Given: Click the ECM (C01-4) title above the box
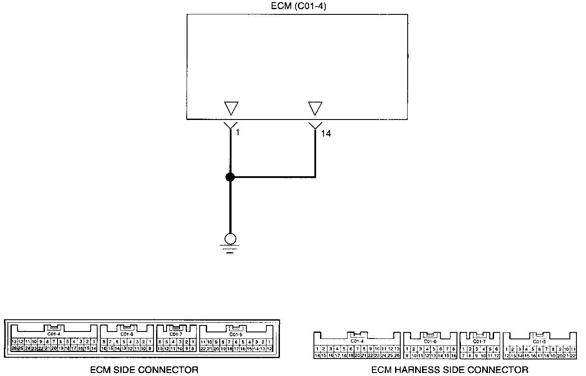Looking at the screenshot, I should (x=297, y=6).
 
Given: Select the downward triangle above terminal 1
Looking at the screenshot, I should (x=231, y=108).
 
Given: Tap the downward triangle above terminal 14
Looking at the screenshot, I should (x=315, y=108).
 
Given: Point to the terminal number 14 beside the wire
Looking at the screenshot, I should (x=326, y=134).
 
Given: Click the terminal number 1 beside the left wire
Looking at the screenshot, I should (x=238, y=132).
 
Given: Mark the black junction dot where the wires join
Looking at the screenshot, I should (x=230, y=177).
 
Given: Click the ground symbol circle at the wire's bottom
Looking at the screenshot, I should (x=230, y=239).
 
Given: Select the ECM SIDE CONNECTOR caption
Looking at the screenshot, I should (x=144, y=370).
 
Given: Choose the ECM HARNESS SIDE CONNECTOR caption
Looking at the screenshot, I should (x=450, y=370).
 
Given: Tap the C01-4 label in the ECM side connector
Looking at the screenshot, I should (x=54, y=334).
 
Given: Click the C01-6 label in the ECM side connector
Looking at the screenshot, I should (x=126, y=334).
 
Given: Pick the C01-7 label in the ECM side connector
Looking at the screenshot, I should (x=176, y=334).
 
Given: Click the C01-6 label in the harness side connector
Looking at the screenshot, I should (x=430, y=341).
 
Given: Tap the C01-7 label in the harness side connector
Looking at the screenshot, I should (x=479, y=341).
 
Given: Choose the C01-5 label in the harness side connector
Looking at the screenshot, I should (x=539, y=341).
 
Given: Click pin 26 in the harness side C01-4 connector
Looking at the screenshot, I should (x=397, y=356).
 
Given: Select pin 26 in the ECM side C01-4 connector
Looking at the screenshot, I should (x=14, y=349).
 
